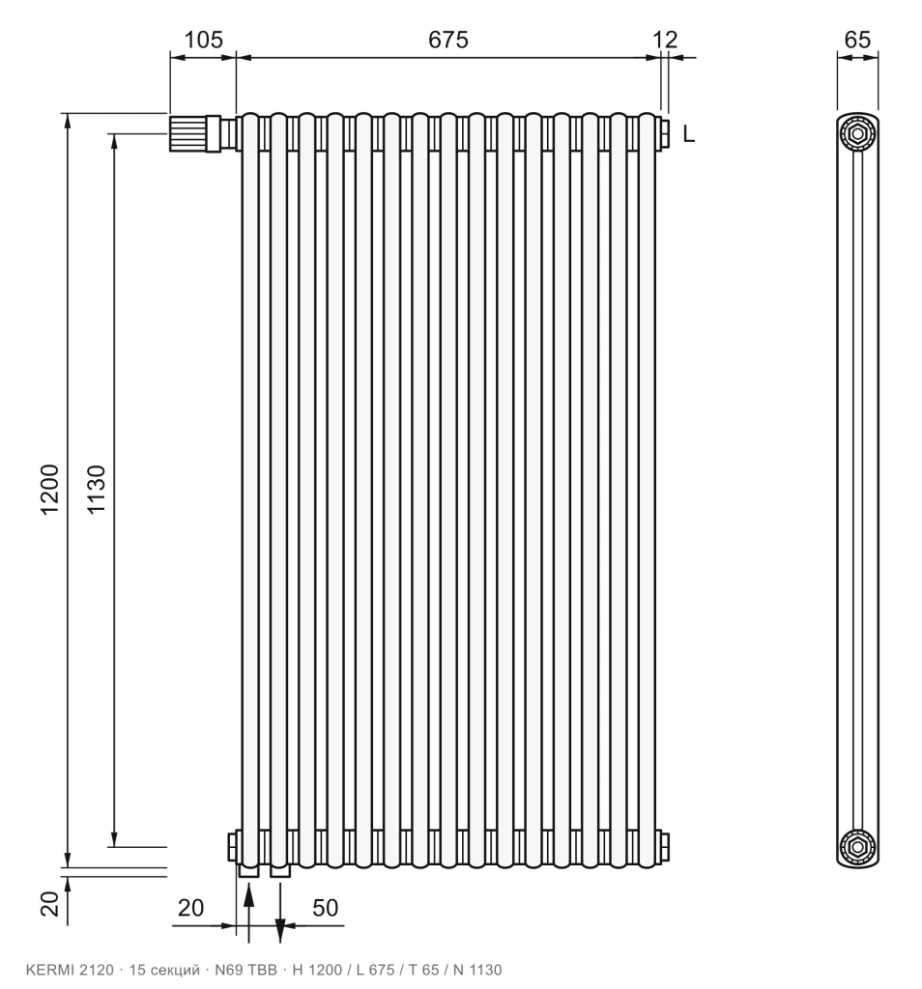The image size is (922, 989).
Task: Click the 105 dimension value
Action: (x=203, y=40)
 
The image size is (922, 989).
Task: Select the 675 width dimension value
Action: (x=448, y=40)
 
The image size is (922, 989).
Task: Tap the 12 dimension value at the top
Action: (x=665, y=40)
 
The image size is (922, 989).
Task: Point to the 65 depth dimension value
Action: (x=857, y=40)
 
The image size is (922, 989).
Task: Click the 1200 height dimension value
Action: (x=49, y=490)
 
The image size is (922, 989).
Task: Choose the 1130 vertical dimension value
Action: (x=96, y=490)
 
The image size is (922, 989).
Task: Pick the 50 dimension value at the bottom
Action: (x=325, y=908)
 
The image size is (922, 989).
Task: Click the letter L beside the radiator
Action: (x=688, y=133)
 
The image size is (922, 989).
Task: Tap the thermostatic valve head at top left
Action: (x=187, y=133)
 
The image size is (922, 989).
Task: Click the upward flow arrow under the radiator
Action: (x=248, y=913)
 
